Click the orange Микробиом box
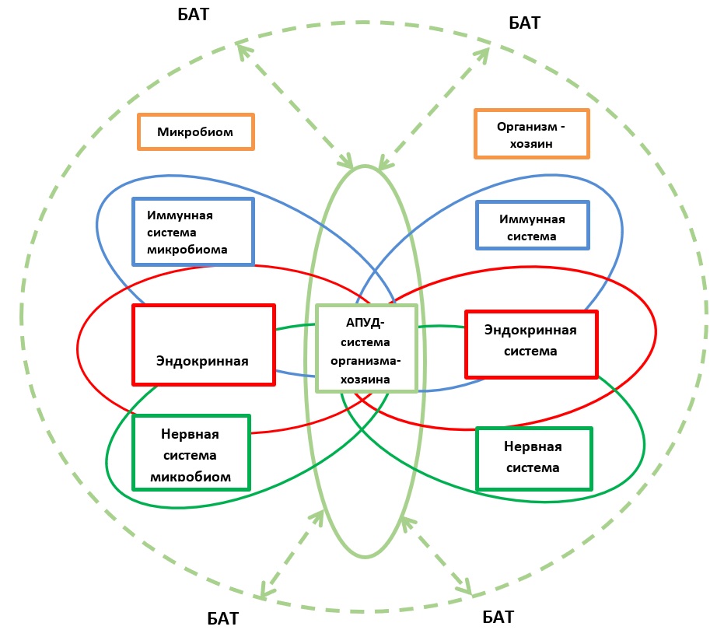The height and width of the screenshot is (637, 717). point(196,131)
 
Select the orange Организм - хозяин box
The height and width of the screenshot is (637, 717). point(531,134)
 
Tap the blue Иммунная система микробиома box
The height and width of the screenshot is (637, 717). point(194,231)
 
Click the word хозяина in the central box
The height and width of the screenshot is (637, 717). point(365,379)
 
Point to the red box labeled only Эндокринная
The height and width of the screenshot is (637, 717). point(204,345)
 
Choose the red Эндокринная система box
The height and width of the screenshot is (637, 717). point(531,344)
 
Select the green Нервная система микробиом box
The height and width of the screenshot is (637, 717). point(191,453)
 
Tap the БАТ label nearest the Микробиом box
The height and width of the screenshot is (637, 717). point(194,14)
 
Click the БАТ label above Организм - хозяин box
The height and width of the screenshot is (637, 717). point(524,23)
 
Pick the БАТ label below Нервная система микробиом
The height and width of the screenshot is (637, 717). point(222,619)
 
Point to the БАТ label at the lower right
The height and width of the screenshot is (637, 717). point(498,618)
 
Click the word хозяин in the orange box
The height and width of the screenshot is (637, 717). point(531,144)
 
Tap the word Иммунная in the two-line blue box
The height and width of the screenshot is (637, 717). point(532,219)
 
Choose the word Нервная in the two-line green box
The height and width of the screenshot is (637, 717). point(533,447)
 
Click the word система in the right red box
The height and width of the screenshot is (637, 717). point(530,352)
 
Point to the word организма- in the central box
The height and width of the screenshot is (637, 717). point(365,360)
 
